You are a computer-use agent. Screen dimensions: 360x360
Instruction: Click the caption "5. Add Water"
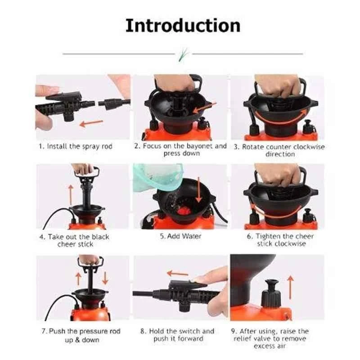click(x=181, y=236)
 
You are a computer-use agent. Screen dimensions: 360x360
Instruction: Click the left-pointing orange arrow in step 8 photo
click(x=177, y=273)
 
